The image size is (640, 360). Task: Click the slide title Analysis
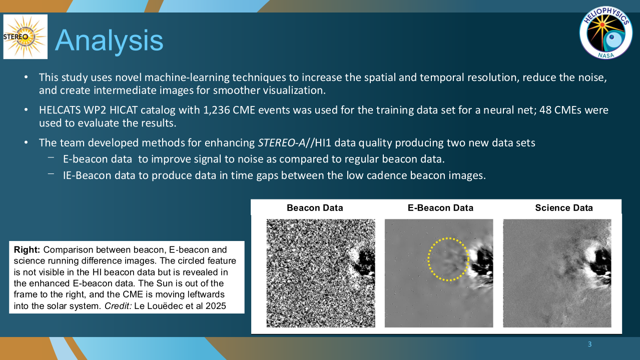pos(109,40)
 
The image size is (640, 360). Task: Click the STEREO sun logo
pos(26,37)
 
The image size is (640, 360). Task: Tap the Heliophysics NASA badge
pos(605,32)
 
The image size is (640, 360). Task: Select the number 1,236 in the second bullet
pos(214,110)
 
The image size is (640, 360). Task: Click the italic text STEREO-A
pos(282,142)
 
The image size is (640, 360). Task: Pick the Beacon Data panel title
pos(315,208)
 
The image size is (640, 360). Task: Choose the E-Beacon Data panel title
pos(440,208)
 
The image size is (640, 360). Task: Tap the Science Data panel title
pos(564,208)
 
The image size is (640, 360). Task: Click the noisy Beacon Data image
pos(321,273)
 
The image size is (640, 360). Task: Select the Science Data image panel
pos(557,273)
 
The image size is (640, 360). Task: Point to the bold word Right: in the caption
pos(27,250)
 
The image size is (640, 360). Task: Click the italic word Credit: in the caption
pos(118,306)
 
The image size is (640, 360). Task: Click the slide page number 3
pos(589,344)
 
